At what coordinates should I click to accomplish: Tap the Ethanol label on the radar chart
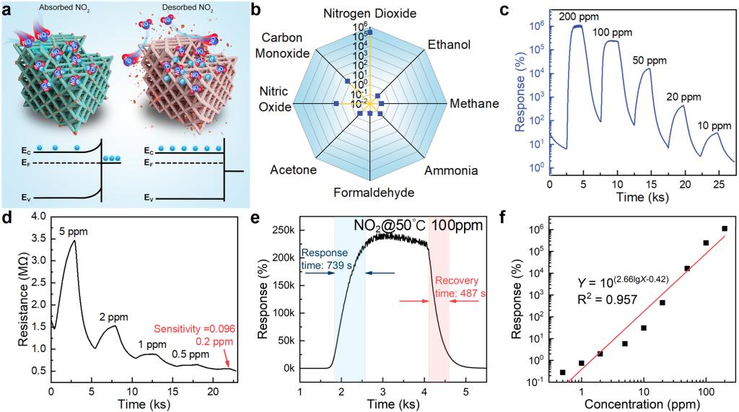pyautogui.click(x=449, y=45)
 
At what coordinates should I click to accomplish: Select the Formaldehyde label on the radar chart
pyautogui.click(x=370, y=192)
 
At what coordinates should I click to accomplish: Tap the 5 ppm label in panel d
pyautogui.click(x=70, y=232)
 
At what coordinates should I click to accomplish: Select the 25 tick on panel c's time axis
pyautogui.click(x=713, y=184)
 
